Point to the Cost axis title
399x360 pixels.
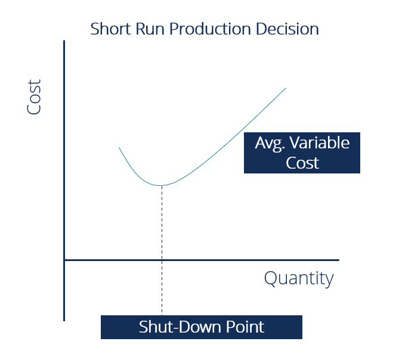click(x=35, y=97)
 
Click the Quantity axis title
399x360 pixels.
click(x=299, y=278)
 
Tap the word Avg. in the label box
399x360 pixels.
click(x=271, y=144)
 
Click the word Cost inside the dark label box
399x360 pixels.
click(x=302, y=163)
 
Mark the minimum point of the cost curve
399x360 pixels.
click(x=162, y=185)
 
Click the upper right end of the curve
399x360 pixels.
click(x=286, y=88)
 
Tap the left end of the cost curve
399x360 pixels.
click(x=119, y=147)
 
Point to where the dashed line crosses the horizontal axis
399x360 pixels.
click(x=162, y=260)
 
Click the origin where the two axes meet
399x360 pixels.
click(x=64, y=260)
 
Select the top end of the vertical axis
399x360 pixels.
click(x=64, y=42)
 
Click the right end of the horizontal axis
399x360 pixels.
click(x=338, y=260)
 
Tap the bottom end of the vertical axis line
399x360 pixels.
click(x=64, y=320)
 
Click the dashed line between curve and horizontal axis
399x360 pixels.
click(x=162, y=224)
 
